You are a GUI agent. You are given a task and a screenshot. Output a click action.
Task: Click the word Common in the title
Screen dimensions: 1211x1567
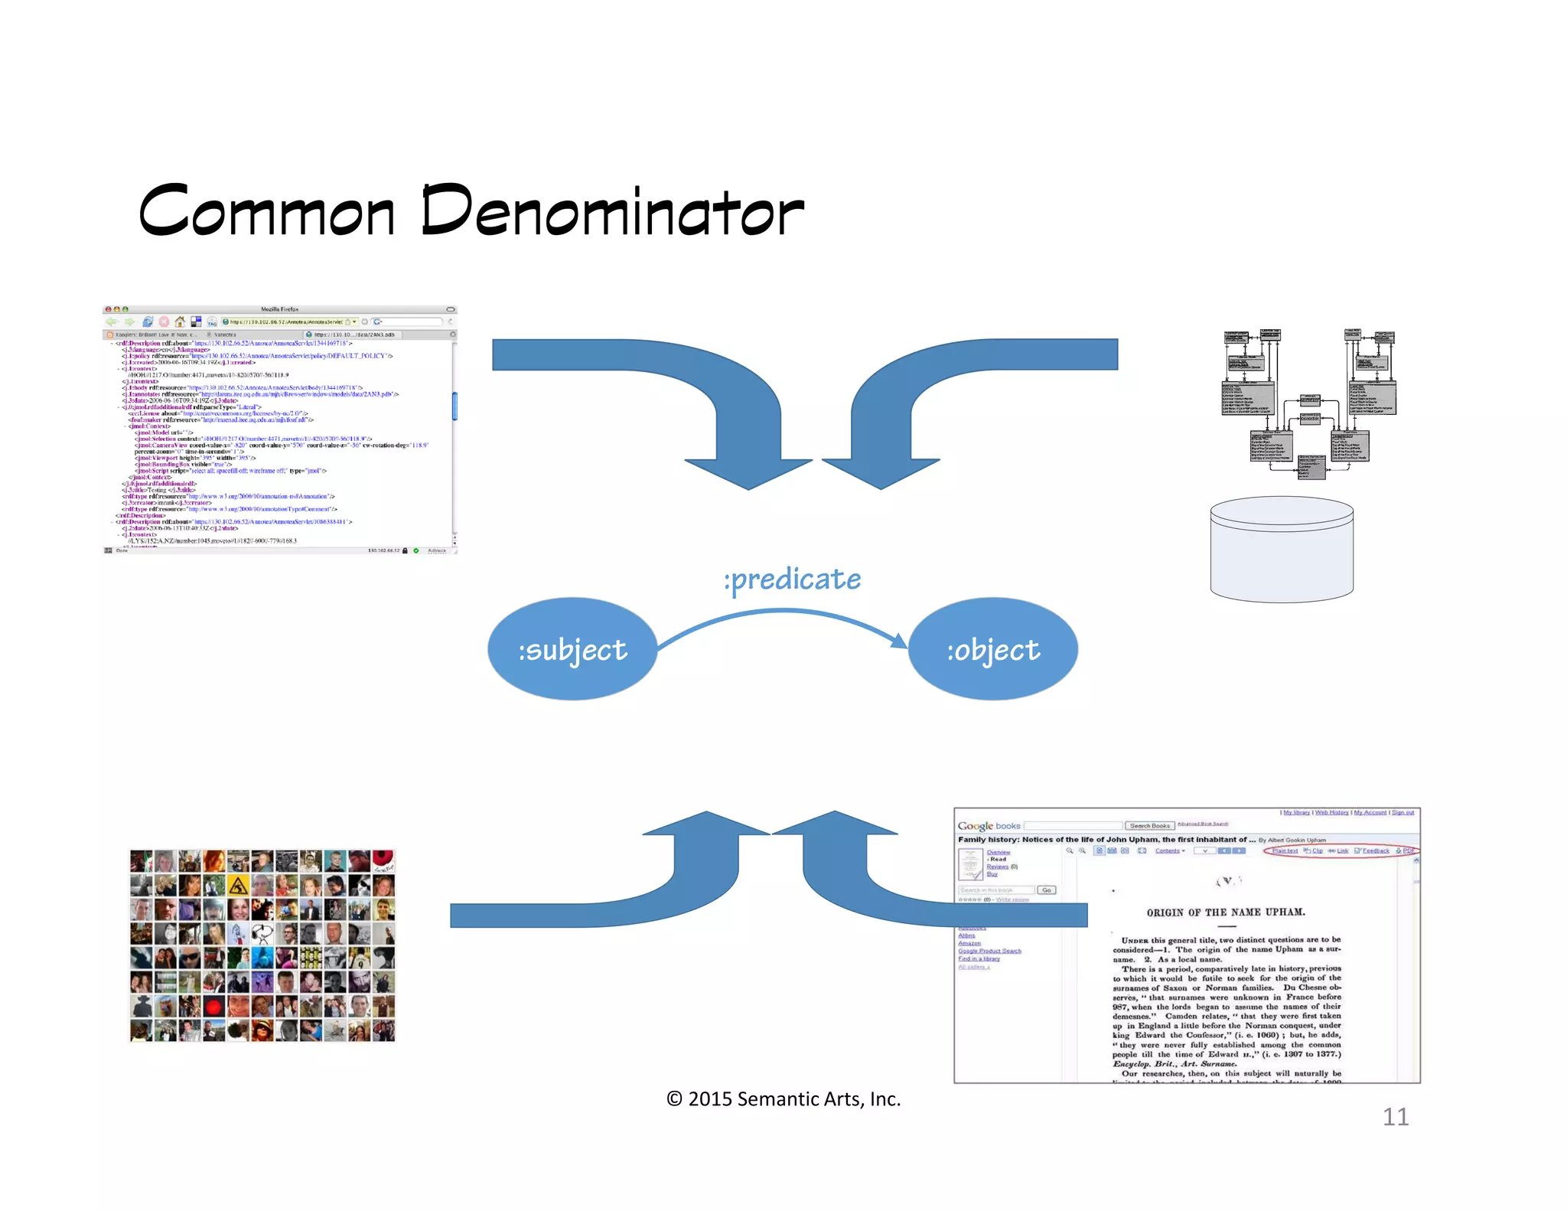coord(266,211)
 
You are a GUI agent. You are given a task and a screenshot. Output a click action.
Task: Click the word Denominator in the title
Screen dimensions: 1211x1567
coord(612,211)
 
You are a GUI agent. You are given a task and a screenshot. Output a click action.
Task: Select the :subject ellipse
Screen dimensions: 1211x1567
coord(572,649)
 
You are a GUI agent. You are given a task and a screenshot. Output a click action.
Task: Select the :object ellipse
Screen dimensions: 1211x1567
coord(993,649)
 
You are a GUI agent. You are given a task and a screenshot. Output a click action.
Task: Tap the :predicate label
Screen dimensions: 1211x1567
coord(792,579)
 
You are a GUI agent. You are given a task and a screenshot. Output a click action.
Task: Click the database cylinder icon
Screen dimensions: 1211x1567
coord(1282,549)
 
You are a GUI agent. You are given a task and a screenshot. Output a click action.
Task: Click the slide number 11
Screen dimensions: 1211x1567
coord(1395,1117)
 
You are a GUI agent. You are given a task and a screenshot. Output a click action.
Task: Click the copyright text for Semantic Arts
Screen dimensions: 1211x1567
coord(783,1099)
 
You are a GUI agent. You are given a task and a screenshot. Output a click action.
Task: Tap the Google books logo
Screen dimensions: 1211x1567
coord(989,826)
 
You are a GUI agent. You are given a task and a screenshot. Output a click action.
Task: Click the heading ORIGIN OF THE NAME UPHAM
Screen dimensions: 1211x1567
coord(1226,912)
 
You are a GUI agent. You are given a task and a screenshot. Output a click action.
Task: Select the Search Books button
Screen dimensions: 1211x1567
coord(1149,826)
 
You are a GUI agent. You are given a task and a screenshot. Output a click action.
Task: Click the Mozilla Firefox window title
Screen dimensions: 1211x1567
coord(279,309)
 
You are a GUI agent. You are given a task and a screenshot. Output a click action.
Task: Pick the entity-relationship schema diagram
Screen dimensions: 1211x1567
coord(1309,404)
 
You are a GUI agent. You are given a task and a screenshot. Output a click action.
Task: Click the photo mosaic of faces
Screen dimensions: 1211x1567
coord(262,945)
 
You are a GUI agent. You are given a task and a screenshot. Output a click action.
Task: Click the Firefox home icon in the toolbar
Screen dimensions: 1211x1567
coord(180,322)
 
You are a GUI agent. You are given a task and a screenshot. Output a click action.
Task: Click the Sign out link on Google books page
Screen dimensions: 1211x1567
coord(1402,812)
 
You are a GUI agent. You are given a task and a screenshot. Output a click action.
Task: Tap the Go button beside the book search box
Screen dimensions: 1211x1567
coord(1047,890)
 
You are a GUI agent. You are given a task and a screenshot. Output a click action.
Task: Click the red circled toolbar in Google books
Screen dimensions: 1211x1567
coord(1341,850)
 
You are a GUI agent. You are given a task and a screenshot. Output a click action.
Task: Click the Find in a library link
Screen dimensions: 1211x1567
coord(979,958)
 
